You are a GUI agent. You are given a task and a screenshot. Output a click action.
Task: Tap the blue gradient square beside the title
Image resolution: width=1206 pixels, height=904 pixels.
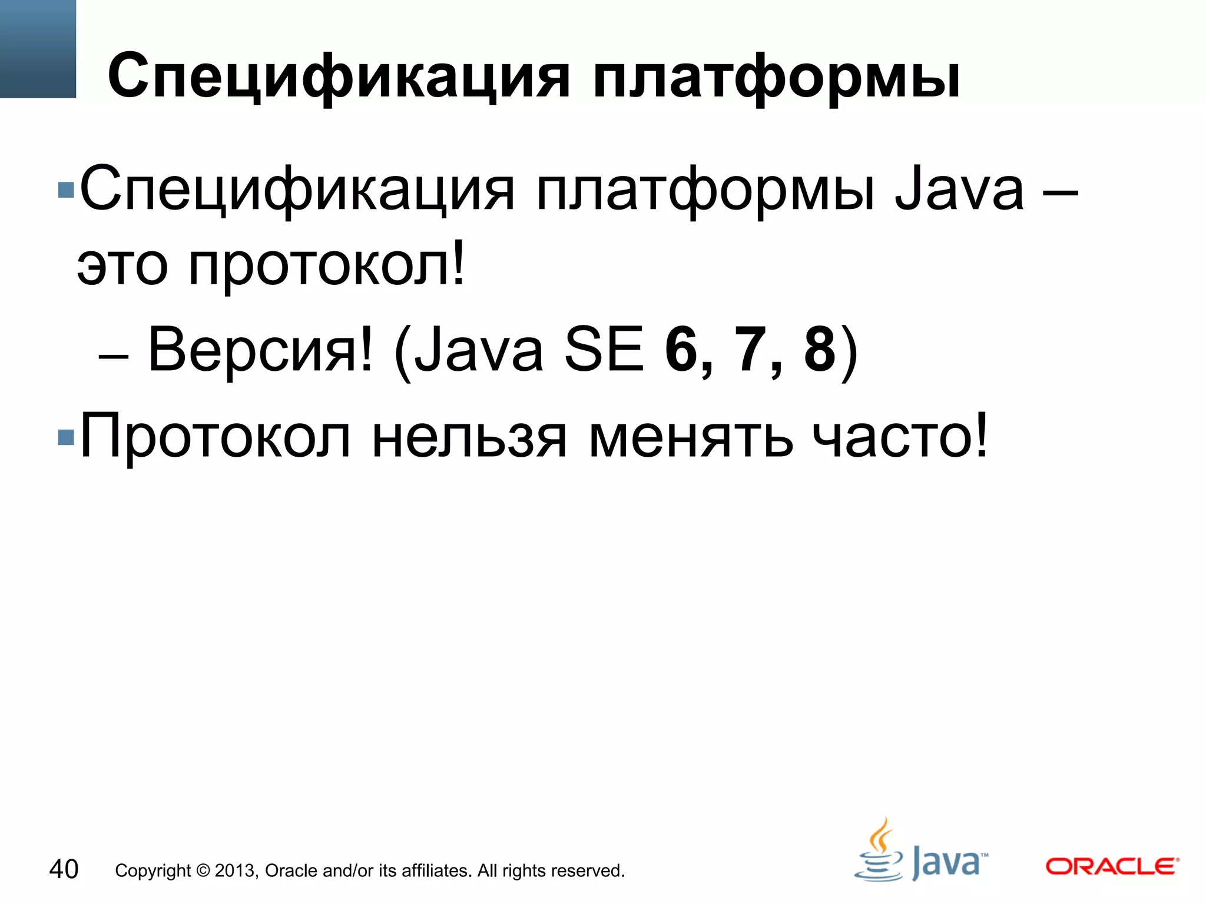point(38,48)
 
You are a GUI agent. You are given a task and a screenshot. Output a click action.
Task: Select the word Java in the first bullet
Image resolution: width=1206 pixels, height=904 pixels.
point(959,190)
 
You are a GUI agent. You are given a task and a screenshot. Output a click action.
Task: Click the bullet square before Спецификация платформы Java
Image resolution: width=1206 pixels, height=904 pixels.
point(66,190)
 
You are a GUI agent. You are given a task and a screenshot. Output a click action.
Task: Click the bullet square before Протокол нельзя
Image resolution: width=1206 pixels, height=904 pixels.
point(66,437)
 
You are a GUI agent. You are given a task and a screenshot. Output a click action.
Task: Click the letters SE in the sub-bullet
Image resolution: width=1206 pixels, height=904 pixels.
point(604,350)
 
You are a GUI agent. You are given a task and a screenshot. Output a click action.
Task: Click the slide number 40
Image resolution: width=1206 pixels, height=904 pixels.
point(64,869)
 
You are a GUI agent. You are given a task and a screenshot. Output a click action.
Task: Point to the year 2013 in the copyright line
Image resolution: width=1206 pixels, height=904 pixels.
point(236,870)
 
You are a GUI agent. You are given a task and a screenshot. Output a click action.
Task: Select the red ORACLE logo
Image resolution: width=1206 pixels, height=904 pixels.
point(1112,866)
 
